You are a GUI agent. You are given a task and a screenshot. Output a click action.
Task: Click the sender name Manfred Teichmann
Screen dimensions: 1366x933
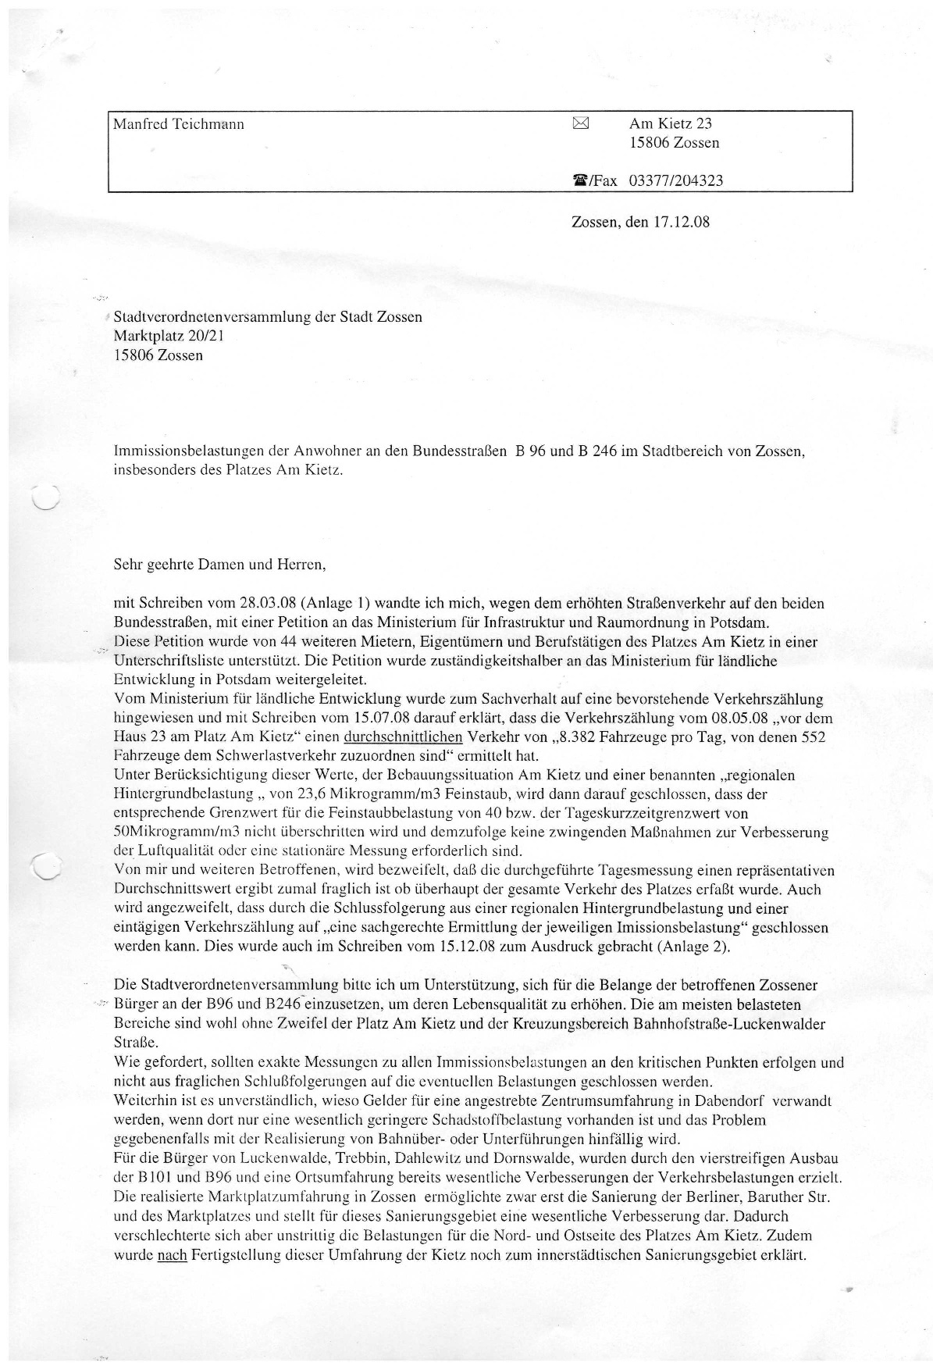click(179, 124)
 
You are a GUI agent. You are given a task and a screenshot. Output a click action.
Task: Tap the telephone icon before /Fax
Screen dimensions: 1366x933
click(580, 181)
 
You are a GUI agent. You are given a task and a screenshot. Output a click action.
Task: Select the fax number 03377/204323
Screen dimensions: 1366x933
click(675, 181)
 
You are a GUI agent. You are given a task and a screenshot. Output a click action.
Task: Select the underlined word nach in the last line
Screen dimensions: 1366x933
click(172, 1257)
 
